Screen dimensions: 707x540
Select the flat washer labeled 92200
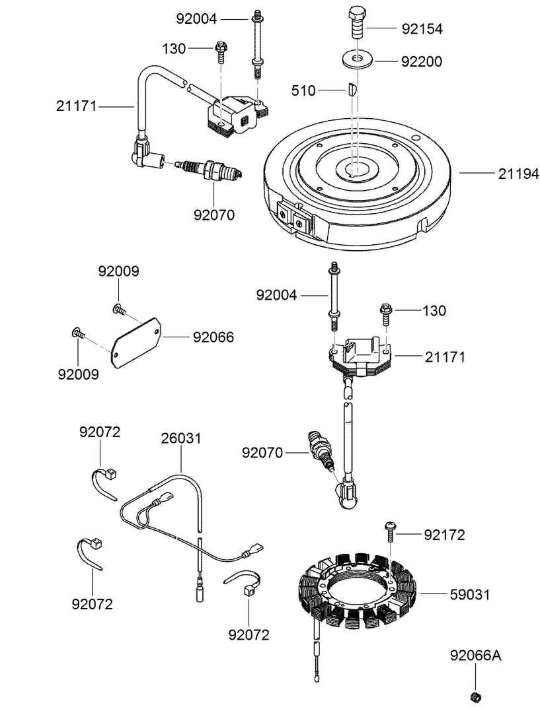click(x=356, y=61)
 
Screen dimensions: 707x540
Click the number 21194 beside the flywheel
click(x=518, y=174)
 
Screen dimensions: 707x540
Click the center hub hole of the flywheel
click(x=355, y=170)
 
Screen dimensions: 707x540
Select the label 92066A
click(x=475, y=656)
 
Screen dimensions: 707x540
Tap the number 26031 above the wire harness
click(x=181, y=438)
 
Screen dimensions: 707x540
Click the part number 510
click(x=303, y=90)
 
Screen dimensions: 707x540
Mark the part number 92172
click(x=444, y=535)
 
